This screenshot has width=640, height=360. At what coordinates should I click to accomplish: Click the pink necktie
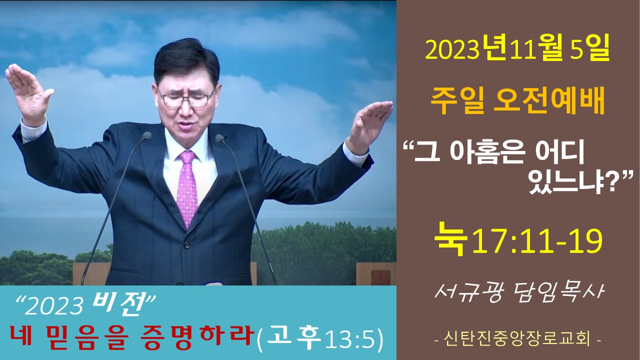(187, 188)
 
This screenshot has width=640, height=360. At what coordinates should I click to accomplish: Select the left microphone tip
(147, 135)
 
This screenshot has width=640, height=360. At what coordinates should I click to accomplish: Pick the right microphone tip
(219, 138)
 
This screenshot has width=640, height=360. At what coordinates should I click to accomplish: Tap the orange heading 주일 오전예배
(517, 102)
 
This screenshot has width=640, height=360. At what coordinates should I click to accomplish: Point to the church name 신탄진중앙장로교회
(517, 339)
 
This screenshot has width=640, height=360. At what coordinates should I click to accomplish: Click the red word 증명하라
(197, 337)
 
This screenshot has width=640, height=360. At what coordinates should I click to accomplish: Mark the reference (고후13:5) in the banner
(320, 339)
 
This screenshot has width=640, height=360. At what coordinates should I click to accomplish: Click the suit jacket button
(186, 245)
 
